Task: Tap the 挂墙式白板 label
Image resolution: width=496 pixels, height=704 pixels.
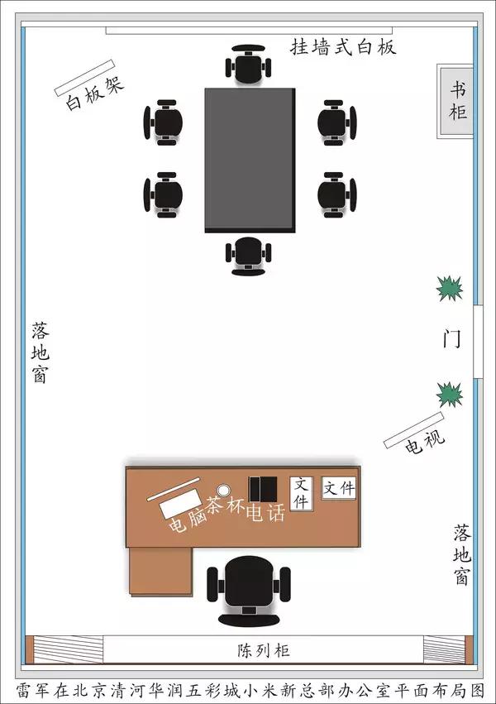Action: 343,47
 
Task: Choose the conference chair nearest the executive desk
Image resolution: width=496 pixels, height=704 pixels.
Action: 248,254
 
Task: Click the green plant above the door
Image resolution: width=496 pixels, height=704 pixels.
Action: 450,288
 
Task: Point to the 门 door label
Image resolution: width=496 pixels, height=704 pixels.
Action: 452,339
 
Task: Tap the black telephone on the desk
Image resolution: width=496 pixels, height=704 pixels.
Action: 264,487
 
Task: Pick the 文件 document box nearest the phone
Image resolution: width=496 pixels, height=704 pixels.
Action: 301,493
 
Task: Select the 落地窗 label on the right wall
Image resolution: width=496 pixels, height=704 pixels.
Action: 461,553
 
